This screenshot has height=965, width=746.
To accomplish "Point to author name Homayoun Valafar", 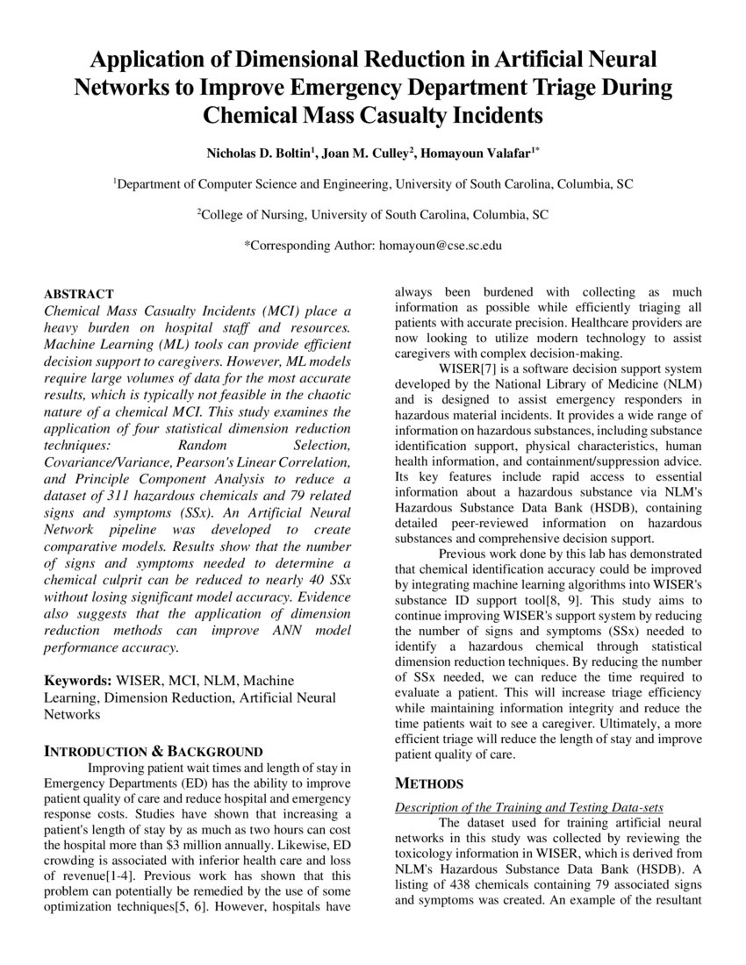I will pos(477,153).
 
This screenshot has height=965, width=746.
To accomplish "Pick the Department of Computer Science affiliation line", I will pos(373,184).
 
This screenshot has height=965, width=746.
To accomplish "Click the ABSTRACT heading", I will pos(79,294).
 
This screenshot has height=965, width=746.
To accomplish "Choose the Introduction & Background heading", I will pos(154,751).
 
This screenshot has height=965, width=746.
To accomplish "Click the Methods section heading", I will pos(429,783).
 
